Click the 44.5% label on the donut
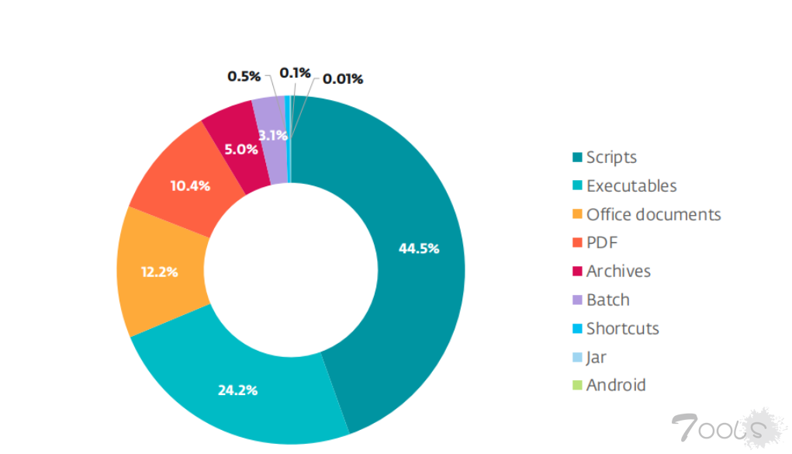[x=419, y=248]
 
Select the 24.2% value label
[x=237, y=390]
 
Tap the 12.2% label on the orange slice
[x=160, y=272]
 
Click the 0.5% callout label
[x=244, y=76]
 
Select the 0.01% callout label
[x=343, y=78]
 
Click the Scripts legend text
[x=611, y=158]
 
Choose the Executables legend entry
[x=631, y=186]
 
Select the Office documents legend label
[x=653, y=214]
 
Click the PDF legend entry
[x=601, y=243]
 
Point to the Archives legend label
[x=618, y=271]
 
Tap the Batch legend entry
[x=607, y=300]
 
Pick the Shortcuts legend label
[x=622, y=328]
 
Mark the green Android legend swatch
[x=576, y=386]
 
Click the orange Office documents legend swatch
[x=576, y=215]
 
